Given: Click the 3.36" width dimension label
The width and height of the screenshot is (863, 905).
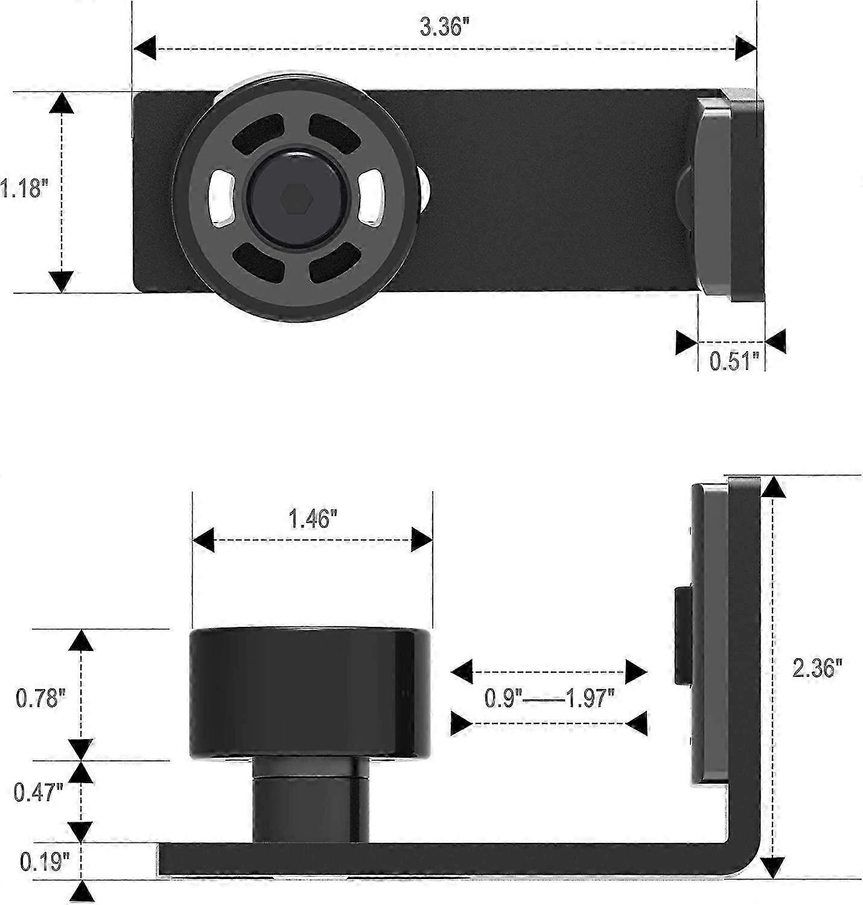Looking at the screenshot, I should click(x=444, y=27).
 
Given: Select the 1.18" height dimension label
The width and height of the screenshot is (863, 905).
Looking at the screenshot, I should click(x=23, y=188).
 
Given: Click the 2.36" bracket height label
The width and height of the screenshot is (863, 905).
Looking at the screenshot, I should click(x=817, y=668).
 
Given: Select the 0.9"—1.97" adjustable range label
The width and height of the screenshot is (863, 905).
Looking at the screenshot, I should click(x=549, y=698).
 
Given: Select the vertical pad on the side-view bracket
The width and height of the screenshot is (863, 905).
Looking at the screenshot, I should click(x=709, y=634).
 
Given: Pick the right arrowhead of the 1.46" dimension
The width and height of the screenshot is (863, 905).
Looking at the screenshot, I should click(x=422, y=539).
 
